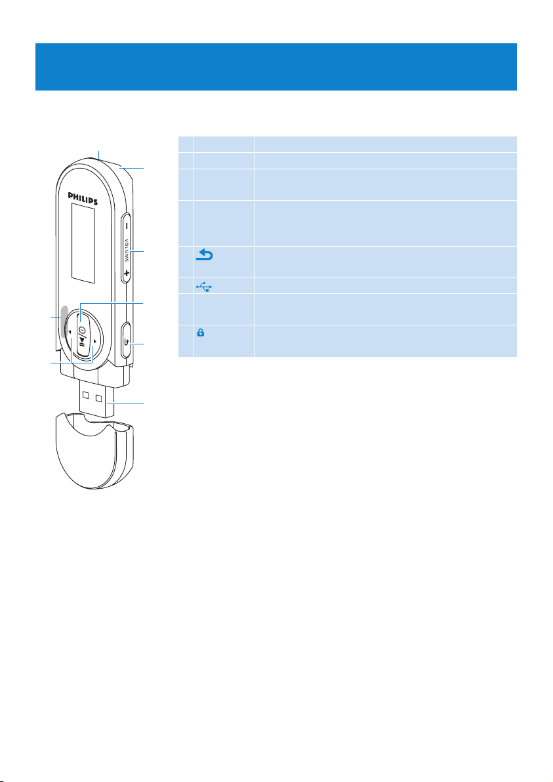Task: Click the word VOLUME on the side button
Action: (x=125, y=250)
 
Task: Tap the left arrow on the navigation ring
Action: (x=68, y=333)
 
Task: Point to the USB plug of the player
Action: (x=96, y=401)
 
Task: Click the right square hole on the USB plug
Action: (x=100, y=398)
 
